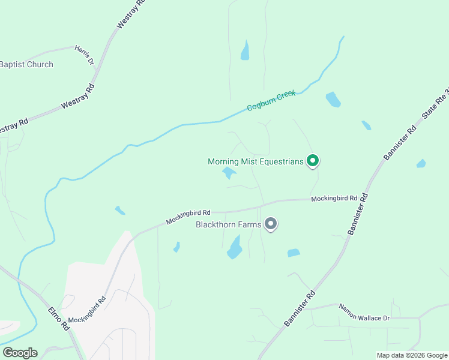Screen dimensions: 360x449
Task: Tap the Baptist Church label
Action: click(x=26, y=64)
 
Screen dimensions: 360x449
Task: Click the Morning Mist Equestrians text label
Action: click(x=255, y=161)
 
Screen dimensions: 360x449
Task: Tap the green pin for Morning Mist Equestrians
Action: click(x=312, y=160)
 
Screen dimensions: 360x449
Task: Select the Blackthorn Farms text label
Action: click(x=229, y=225)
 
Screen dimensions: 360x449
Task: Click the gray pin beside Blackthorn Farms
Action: click(x=271, y=224)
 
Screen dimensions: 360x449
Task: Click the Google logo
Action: click(x=20, y=353)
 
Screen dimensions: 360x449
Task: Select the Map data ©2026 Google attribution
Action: click(x=412, y=355)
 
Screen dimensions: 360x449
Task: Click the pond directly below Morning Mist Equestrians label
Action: click(x=229, y=173)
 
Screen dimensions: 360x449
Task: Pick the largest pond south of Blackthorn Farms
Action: click(x=234, y=247)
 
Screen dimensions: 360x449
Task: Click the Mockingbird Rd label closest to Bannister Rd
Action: click(x=334, y=198)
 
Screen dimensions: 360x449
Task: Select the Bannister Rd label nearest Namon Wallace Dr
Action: click(x=300, y=308)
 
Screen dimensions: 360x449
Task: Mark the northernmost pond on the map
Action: click(x=245, y=51)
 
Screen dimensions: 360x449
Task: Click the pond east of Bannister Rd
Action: click(x=421, y=163)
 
